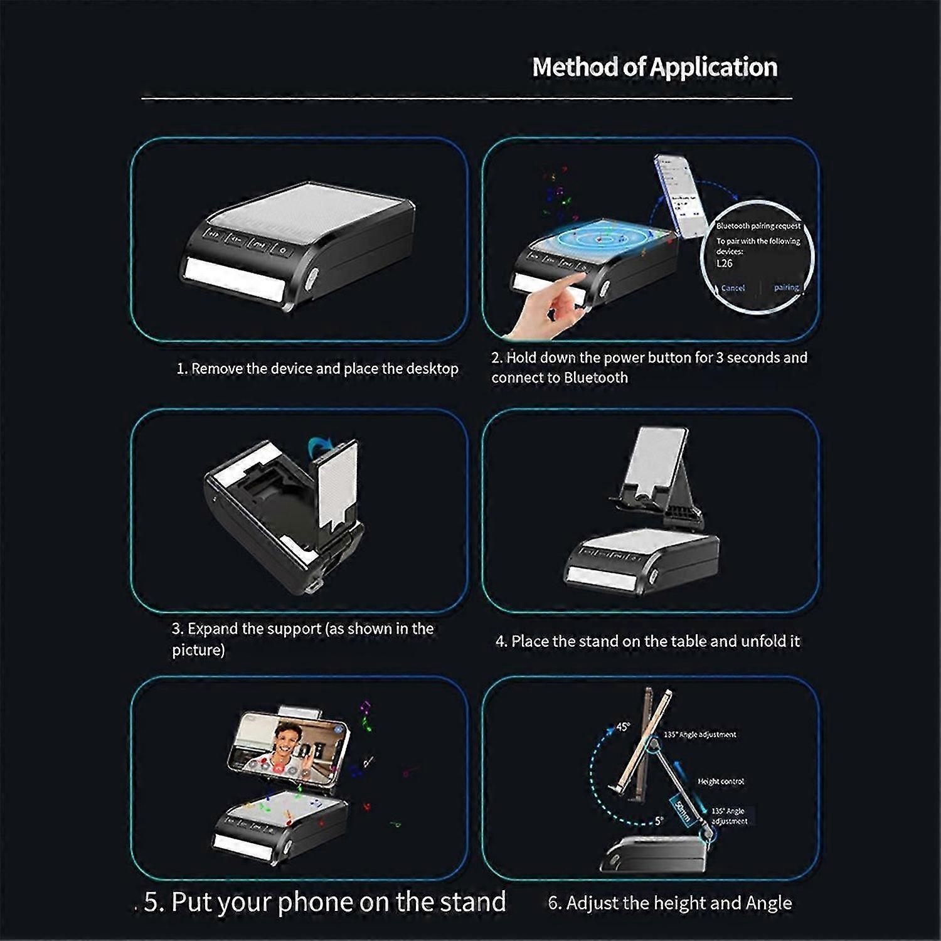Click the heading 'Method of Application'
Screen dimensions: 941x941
coord(654,67)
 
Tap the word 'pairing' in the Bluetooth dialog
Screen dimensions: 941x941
coord(786,287)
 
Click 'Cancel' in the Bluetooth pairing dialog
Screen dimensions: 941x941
coord(733,288)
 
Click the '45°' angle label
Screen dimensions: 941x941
coord(622,726)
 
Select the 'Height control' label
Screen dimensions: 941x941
coord(721,782)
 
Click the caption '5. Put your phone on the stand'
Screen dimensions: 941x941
coord(325,901)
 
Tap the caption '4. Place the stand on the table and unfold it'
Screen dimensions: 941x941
coord(647,641)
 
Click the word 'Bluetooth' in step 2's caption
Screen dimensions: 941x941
coord(595,378)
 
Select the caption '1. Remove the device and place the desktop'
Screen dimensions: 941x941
coord(317,368)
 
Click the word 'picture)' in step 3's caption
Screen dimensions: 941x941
coord(198,650)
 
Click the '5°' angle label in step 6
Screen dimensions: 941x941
coord(658,821)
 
